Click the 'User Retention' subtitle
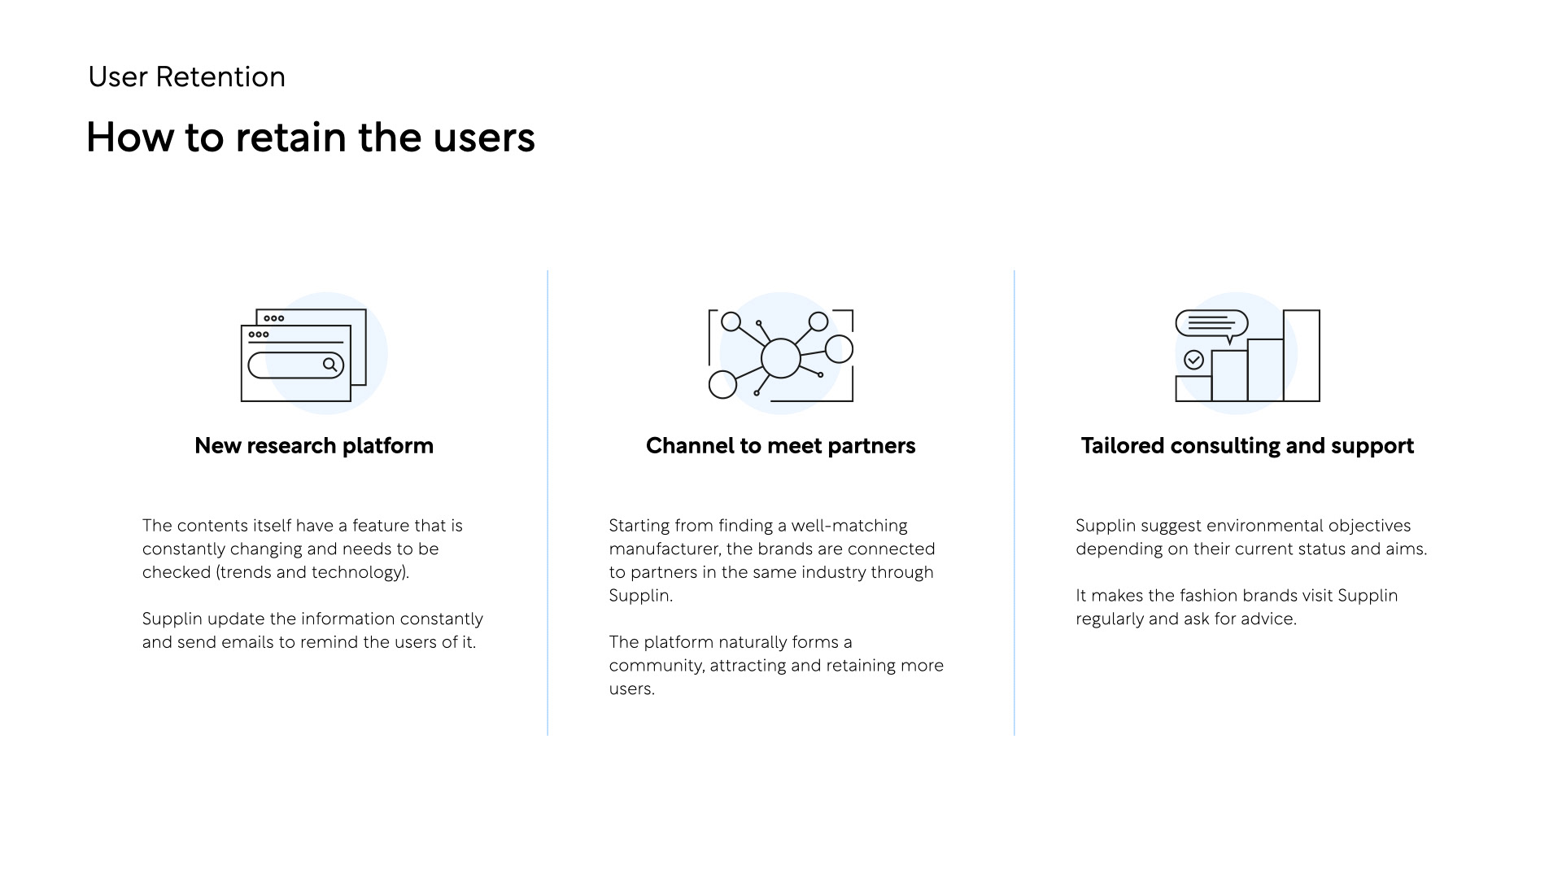click(x=186, y=77)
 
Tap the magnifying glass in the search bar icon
click(x=329, y=365)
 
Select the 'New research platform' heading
click(x=314, y=446)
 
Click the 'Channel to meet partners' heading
click(x=781, y=446)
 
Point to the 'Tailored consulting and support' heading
click(x=1247, y=446)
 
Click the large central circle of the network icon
click(x=781, y=358)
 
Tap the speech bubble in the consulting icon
click(x=1211, y=325)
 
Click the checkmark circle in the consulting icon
click(x=1194, y=360)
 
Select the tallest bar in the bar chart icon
click(x=1302, y=356)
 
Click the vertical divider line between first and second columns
click(x=548, y=503)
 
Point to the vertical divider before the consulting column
click(x=1014, y=503)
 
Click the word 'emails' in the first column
click(x=247, y=642)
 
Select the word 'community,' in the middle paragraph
click(x=657, y=666)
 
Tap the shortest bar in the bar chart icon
click(x=1193, y=389)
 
